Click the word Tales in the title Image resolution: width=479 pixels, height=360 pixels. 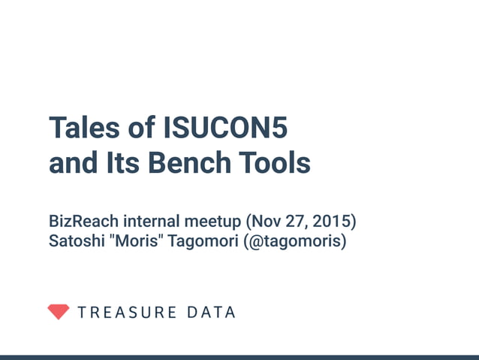coord(83,129)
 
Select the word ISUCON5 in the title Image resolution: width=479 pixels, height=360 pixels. coord(225,129)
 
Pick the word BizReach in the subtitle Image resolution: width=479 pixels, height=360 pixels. coord(83,222)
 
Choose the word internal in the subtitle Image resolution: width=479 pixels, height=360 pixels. coord(150,222)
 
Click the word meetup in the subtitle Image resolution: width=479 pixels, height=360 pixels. coord(210,222)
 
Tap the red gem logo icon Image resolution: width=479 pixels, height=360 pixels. coord(58,312)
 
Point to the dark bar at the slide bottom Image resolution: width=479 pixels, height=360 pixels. coord(239,357)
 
